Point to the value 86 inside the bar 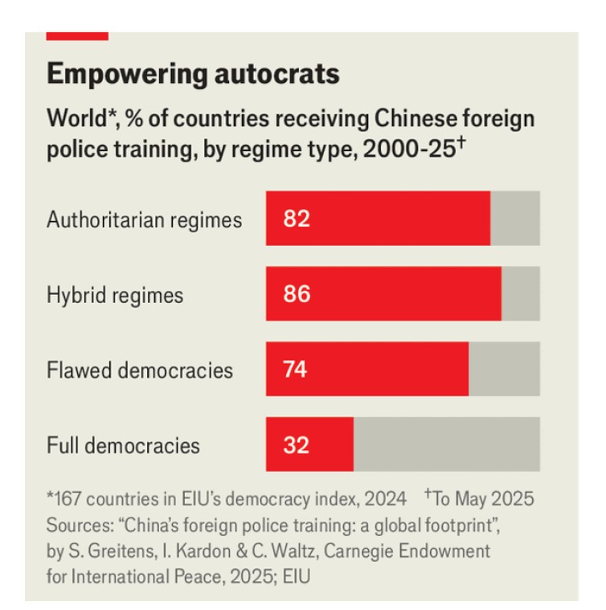point(297,294)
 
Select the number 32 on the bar point(297,445)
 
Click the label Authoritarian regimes point(144,219)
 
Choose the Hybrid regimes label point(115,295)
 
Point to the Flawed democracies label point(140,370)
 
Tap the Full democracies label point(123,445)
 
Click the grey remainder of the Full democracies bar point(446,444)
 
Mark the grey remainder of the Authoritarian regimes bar point(514,219)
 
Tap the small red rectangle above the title point(77,36)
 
